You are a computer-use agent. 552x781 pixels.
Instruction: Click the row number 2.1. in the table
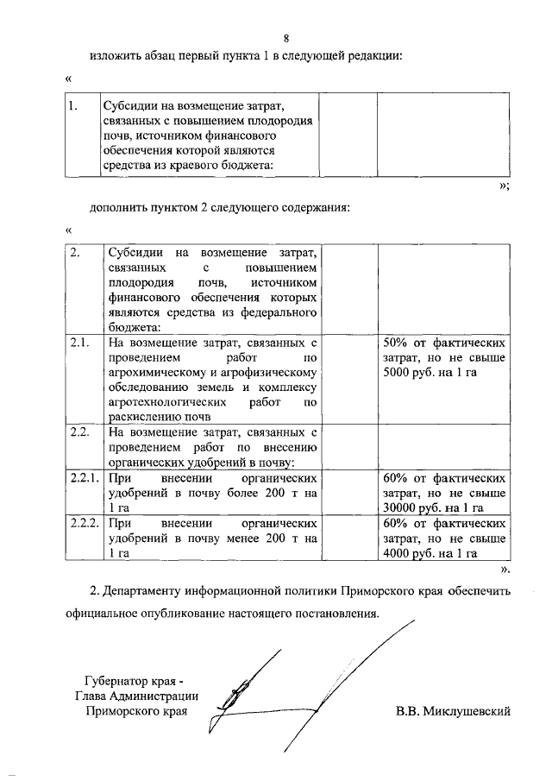click(x=80, y=343)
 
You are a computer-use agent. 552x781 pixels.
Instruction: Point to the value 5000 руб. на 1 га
click(x=429, y=372)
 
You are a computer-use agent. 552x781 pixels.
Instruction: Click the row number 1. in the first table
click(x=74, y=106)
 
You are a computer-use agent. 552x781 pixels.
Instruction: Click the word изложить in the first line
click(x=118, y=57)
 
